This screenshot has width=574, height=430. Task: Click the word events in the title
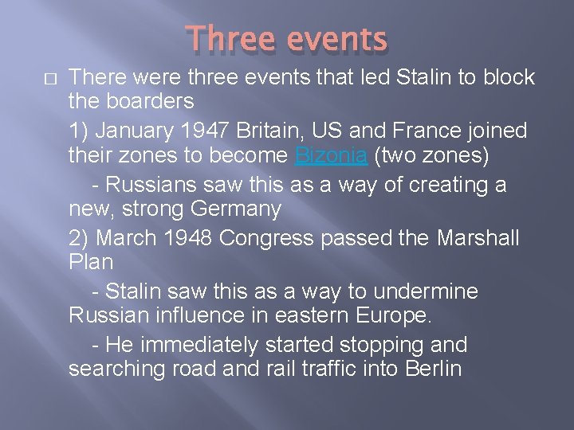tap(336, 38)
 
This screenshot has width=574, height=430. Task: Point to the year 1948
tap(187, 237)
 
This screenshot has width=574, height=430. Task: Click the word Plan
tap(91, 261)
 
